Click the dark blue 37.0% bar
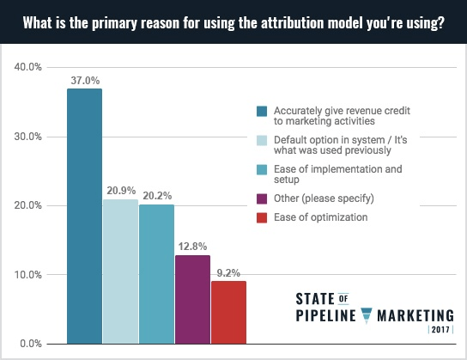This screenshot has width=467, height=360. coord(84,216)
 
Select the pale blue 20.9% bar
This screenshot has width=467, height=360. coord(120,272)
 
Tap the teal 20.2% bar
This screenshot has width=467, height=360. coord(156,273)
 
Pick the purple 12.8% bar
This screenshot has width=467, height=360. coord(192,299)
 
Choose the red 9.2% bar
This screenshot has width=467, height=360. coord(228,312)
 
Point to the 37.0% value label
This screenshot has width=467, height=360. coord(84,80)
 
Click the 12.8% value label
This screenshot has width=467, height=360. coord(192,247)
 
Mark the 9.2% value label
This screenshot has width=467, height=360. coord(228,272)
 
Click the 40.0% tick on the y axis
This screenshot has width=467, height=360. coord(29,66)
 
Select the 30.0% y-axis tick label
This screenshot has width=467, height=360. coord(29,136)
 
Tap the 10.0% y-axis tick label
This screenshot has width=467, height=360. coord(29,275)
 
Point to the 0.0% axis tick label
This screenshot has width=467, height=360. coord(32,344)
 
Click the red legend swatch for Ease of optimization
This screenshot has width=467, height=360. coord(262,217)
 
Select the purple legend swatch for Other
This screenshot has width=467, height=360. coord(262,198)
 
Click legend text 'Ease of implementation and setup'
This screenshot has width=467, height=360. coord(337,174)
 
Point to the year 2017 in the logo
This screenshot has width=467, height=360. coord(441,330)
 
